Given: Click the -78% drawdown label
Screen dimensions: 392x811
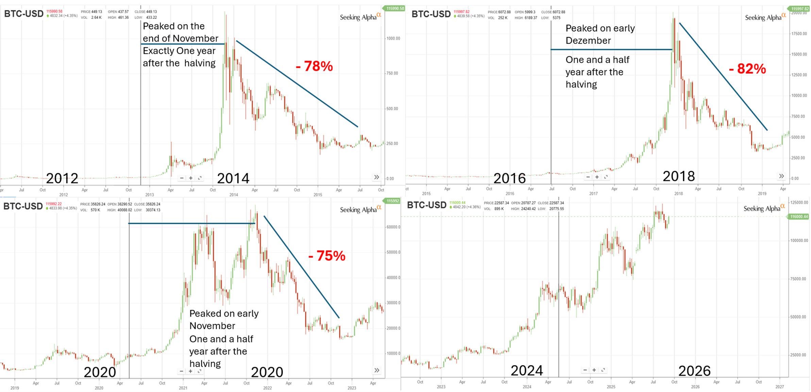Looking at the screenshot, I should point(314,66).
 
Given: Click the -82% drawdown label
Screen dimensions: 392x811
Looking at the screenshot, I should point(747,69).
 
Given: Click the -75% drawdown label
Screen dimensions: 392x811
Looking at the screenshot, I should point(326,256).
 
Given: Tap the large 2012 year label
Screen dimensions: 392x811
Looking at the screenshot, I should point(62,178).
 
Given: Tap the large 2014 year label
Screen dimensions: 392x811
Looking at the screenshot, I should point(233,178).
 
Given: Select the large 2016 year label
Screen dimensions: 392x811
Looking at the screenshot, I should point(509,178).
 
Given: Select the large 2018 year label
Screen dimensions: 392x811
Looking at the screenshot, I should point(678,176).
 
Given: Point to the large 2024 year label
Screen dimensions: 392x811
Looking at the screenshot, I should point(526,370).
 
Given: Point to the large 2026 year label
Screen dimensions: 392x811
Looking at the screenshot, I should point(694,371).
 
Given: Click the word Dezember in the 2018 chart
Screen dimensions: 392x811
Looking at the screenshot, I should point(588,41).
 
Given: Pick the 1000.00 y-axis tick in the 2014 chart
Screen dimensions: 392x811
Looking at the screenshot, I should point(393,38).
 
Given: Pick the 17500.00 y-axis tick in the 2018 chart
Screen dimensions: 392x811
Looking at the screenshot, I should point(799,34).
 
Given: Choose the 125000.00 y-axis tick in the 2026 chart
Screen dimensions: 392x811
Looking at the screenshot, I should point(799,203).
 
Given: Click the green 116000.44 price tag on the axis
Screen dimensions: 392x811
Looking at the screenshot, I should point(799,217).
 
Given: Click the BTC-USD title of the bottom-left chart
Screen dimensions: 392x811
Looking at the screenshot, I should point(23,206).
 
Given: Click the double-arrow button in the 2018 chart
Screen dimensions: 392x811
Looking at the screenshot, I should point(781,176).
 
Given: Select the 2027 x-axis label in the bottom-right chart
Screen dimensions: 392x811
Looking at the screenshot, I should point(780,387).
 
